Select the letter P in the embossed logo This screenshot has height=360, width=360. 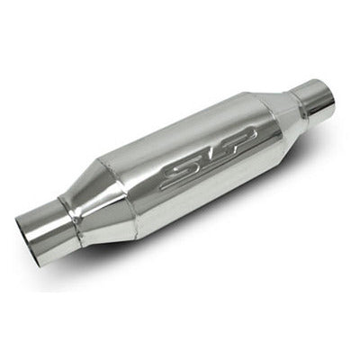pyautogui.click(x=236, y=139)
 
